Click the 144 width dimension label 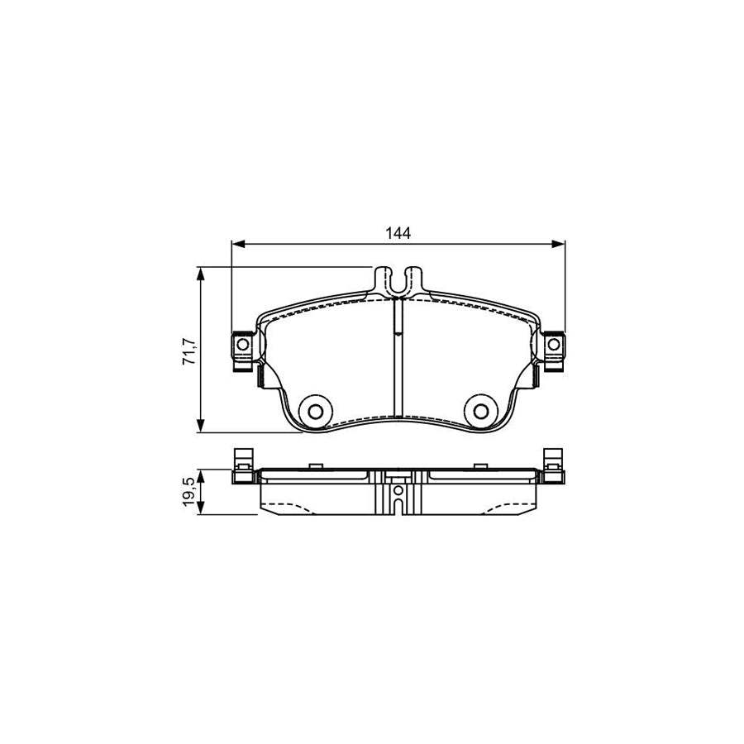(x=398, y=233)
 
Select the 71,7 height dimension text (x=188, y=351)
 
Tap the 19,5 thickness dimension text (x=188, y=493)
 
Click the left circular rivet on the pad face (x=315, y=409)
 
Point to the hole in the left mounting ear (x=242, y=344)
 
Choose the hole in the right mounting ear (x=554, y=344)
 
